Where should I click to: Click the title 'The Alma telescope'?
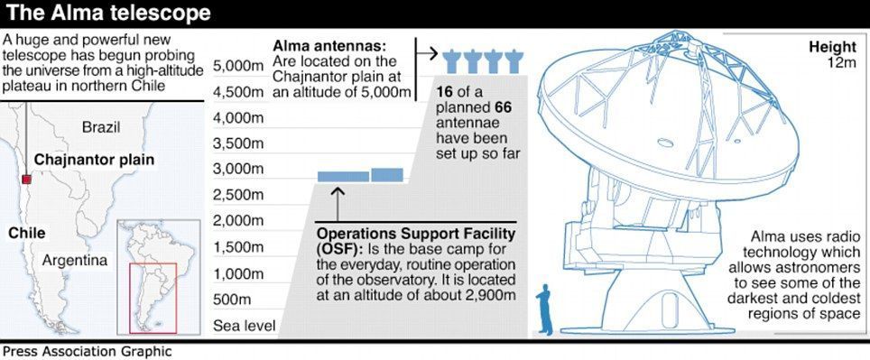(108, 14)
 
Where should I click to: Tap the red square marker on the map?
(26, 179)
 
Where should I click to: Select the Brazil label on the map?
(101, 127)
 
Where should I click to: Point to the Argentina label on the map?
(75, 260)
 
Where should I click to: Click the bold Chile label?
(27, 233)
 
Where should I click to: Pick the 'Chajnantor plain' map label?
(95, 160)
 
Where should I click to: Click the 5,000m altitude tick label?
(238, 67)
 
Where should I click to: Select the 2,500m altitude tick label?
(238, 195)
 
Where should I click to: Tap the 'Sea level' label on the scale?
(245, 326)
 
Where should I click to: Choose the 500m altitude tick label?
(232, 300)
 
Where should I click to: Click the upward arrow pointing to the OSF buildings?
(338, 205)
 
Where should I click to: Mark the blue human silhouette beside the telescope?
(545, 310)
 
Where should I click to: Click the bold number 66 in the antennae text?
(503, 106)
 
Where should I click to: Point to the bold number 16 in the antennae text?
(445, 91)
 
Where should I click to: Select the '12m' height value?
(842, 62)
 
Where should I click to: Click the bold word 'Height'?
(833, 47)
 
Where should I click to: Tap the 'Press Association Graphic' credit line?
(88, 352)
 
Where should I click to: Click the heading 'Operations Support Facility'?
(416, 233)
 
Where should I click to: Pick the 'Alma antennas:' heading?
(329, 45)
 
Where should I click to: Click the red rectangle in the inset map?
(153, 299)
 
